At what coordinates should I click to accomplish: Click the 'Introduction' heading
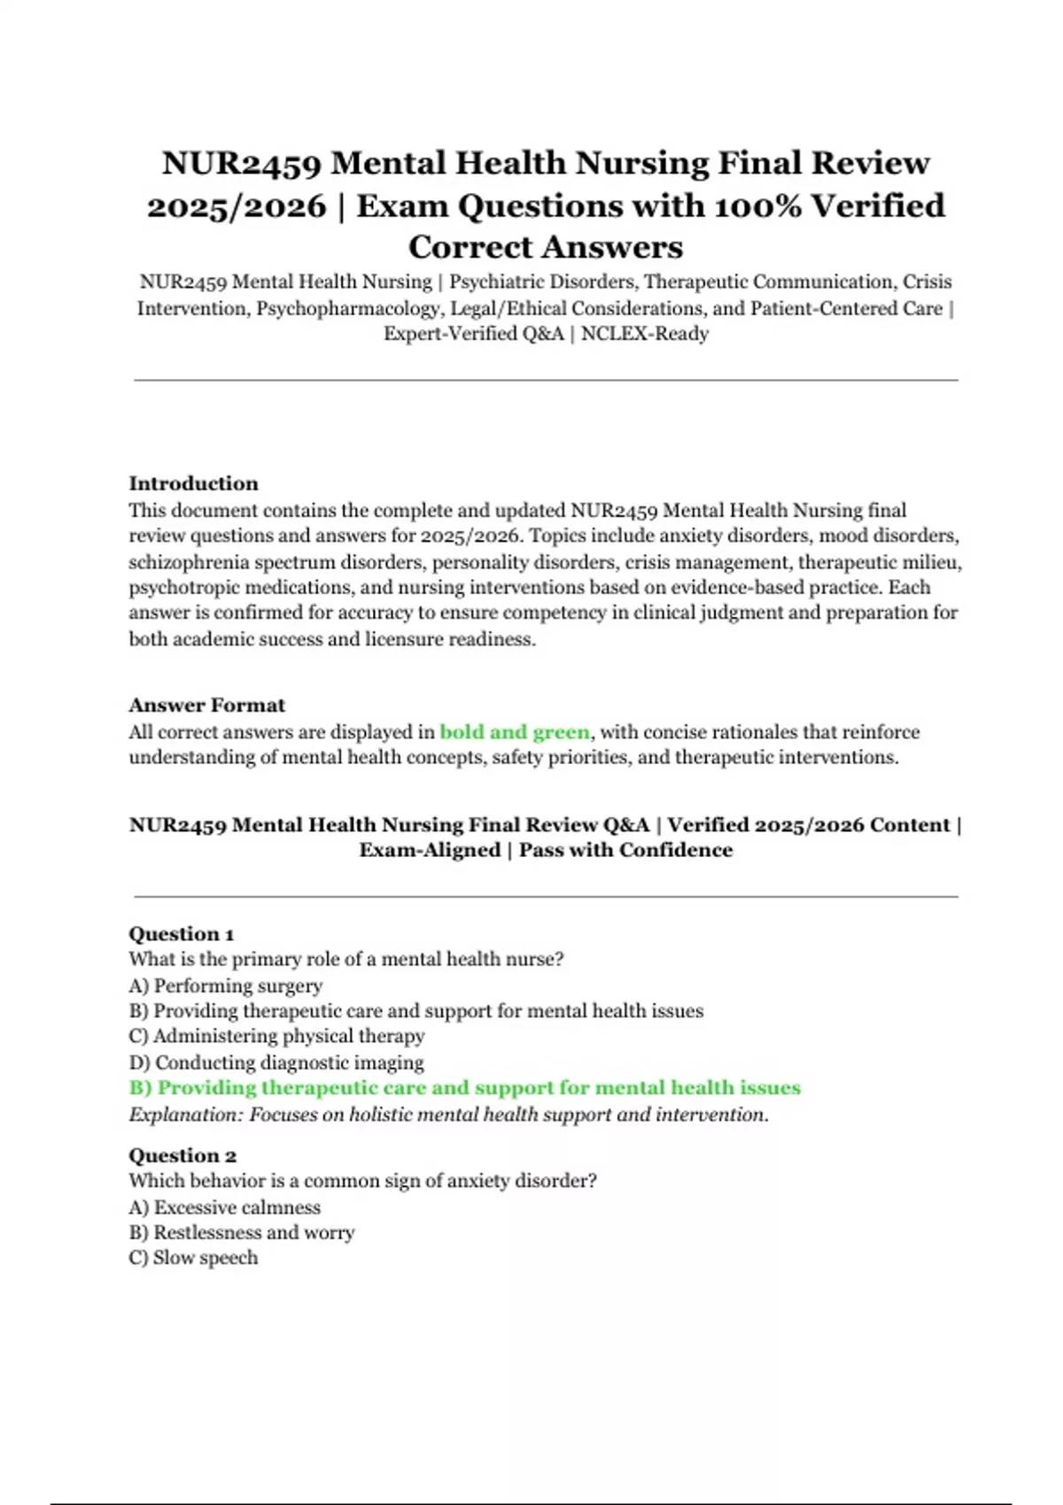click(193, 483)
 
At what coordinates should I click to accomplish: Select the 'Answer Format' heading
click(206, 706)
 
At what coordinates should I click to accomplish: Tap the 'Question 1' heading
click(181, 934)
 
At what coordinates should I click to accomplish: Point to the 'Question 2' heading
click(182, 1155)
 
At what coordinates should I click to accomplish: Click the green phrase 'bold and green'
click(514, 732)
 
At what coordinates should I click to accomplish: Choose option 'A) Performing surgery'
click(225, 985)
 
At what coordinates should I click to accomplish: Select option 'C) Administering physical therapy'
click(276, 1036)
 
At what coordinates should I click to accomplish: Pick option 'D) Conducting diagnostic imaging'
click(276, 1062)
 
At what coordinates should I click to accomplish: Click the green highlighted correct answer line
click(464, 1088)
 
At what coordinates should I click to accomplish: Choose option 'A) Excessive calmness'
click(224, 1207)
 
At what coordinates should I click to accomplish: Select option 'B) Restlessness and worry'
click(241, 1232)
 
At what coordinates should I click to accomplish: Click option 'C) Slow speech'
click(193, 1258)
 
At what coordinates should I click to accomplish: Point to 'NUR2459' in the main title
click(241, 164)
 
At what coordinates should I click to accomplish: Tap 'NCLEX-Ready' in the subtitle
click(645, 334)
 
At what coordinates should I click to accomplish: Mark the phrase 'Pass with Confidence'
click(625, 850)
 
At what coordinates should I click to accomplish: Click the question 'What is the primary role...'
click(345, 960)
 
